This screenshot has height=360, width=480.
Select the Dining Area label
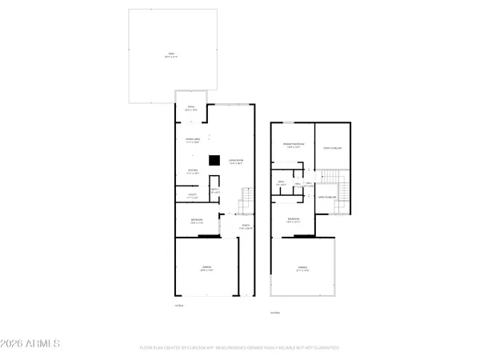coord(192,141)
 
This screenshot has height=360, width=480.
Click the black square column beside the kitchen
coord(214,160)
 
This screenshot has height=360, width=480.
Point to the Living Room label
coord(236,162)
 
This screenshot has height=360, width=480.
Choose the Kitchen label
coord(193,171)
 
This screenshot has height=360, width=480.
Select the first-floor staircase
coord(246,198)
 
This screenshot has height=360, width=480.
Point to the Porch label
coord(246,226)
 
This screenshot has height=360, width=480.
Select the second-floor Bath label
coord(282,182)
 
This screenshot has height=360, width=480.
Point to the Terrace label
coord(302,269)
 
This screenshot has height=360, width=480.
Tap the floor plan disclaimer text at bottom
coord(239,348)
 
